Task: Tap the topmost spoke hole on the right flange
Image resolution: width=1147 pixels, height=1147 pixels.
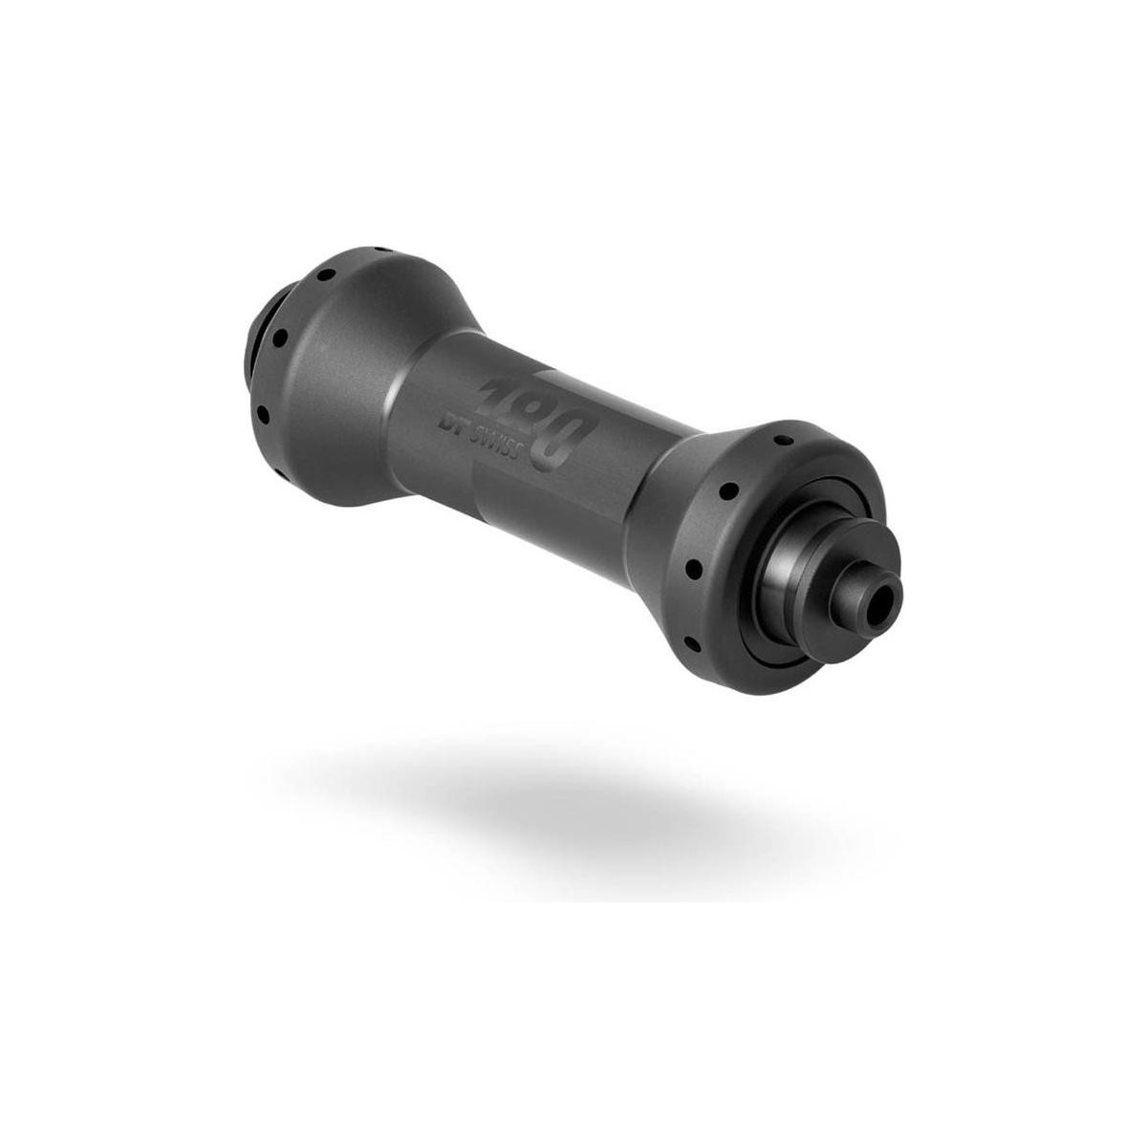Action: (783, 441)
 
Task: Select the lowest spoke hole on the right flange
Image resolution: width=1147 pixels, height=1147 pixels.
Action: (692, 644)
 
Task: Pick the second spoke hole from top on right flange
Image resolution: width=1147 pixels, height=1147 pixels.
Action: (728, 491)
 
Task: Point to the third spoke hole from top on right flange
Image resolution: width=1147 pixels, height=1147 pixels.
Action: (694, 569)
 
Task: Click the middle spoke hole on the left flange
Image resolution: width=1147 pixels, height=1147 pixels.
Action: (279, 338)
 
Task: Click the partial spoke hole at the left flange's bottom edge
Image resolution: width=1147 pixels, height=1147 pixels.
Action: (280, 474)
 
